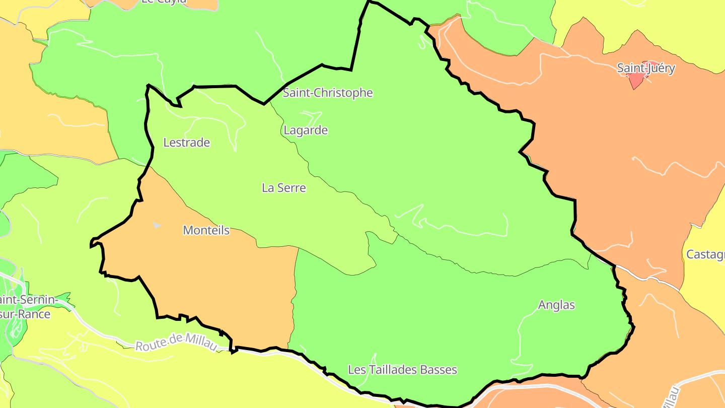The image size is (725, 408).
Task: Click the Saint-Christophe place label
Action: click(328, 93)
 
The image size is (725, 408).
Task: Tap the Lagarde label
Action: click(306, 130)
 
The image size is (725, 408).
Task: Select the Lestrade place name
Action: click(186, 143)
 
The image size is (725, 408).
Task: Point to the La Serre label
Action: click(283, 188)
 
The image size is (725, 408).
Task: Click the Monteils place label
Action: click(206, 231)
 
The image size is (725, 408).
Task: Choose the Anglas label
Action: click(556, 305)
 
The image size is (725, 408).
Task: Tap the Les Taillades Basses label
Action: click(402, 370)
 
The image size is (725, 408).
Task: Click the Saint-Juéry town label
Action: click(646, 69)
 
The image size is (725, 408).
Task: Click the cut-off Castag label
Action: click(705, 254)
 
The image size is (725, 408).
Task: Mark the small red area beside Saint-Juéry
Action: click(636, 80)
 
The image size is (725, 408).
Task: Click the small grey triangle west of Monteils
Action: click(157, 225)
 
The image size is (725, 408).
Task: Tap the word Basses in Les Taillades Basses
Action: click(439, 370)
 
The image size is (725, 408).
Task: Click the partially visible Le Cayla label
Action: click(164, 2)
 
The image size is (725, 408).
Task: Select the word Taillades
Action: click(393, 370)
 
